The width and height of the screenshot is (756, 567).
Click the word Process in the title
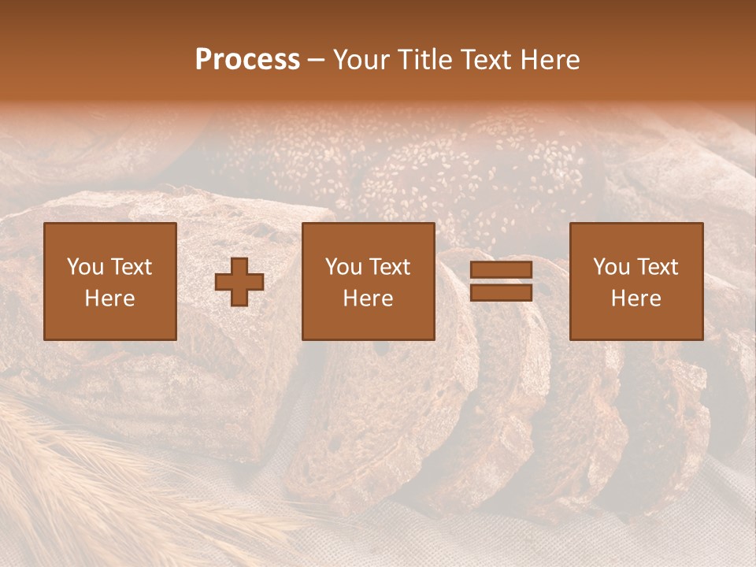pyautogui.click(x=247, y=60)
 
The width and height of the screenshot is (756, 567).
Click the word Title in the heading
pyautogui.click(x=423, y=60)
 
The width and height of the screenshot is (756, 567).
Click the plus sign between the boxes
pyautogui.click(x=239, y=282)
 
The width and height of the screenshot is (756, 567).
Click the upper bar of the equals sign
pyautogui.click(x=501, y=270)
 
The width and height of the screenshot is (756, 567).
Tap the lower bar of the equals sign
pyautogui.click(x=501, y=293)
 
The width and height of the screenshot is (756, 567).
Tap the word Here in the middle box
pyautogui.click(x=368, y=298)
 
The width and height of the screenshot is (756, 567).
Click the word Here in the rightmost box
pyautogui.click(x=636, y=298)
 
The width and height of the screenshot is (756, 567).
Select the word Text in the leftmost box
pyautogui.click(x=131, y=267)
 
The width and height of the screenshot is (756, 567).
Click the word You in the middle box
pyautogui.click(x=343, y=267)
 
